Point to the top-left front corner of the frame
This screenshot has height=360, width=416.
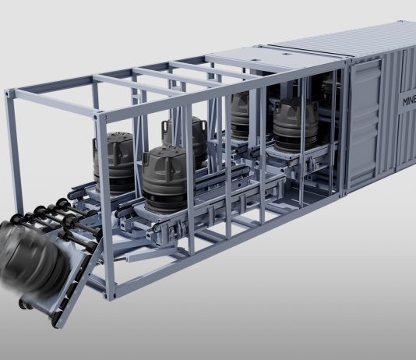(9, 93)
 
